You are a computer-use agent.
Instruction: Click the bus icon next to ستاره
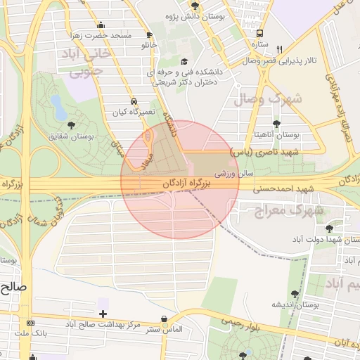coord(261,33)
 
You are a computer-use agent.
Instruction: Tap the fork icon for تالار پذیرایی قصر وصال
coord(280,49)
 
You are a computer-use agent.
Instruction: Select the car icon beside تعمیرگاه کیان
coord(134,101)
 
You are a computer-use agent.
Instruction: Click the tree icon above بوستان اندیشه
coord(294,293)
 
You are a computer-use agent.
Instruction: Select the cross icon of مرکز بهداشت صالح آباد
coord(104,314)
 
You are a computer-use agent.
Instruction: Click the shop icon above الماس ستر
coord(165,319)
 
